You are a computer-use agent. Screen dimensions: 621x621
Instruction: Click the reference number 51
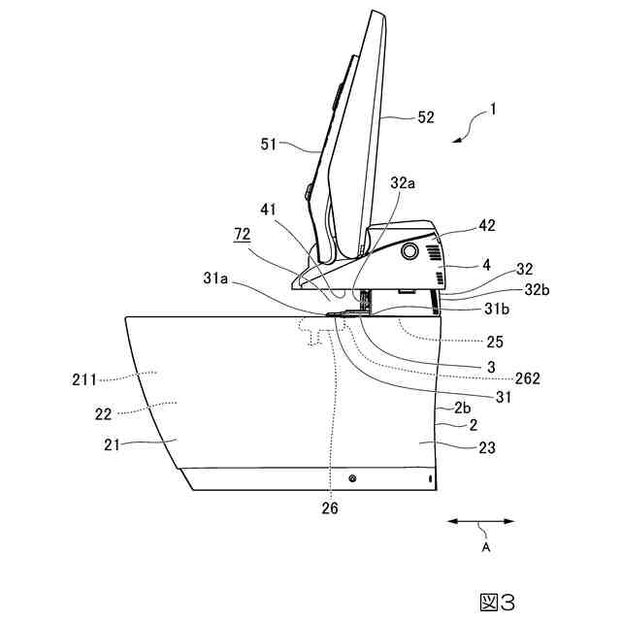(x=269, y=145)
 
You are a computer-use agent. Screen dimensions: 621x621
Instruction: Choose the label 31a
(x=216, y=278)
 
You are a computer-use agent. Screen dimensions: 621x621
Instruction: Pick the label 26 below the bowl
(x=332, y=506)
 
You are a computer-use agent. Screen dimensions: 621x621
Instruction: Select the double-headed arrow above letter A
(x=480, y=522)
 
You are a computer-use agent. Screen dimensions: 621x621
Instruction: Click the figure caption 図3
(x=497, y=602)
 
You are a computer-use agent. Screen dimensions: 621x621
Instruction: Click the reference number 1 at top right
(x=494, y=112)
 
